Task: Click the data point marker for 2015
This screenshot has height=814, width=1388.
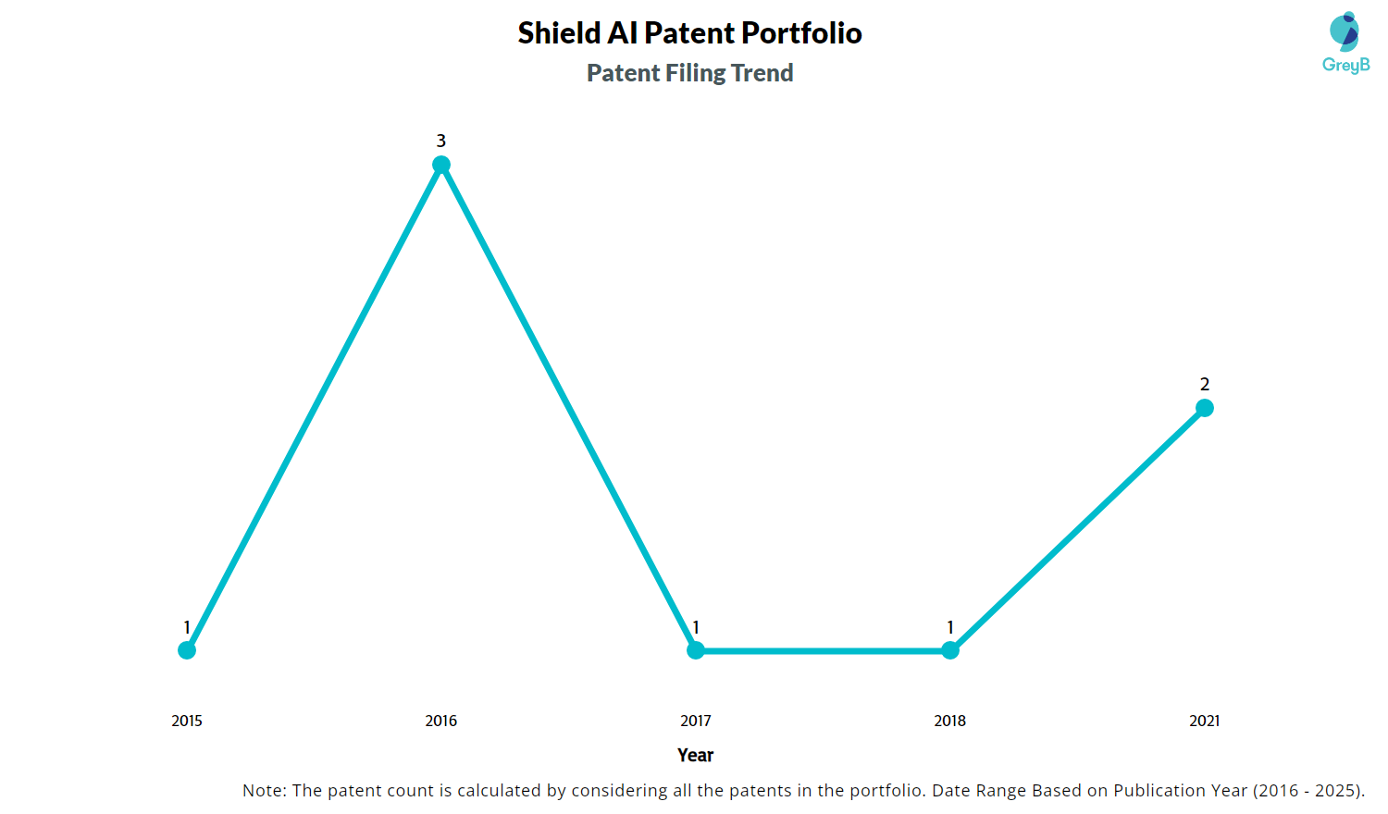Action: click(x=187, y=650)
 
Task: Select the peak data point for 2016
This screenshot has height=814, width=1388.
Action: click(x=440, y=164)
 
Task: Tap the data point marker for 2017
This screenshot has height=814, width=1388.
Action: click(x=695, y=650)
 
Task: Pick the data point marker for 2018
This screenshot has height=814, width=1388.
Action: click(x=950, y=650)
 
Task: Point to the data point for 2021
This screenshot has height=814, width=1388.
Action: click(x=1204, y=408)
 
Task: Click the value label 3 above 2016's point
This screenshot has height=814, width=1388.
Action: click(x=440, y=141)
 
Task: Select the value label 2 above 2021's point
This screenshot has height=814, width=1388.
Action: click(x=1204, y=384)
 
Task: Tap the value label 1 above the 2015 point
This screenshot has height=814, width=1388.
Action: click(x=187, y=627)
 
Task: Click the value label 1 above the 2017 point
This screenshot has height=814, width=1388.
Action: click(x=695, y=627)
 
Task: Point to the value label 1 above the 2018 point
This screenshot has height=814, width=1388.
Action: click(x=950, y=627)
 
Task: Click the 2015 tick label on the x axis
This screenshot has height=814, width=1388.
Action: click(x=187, y=721)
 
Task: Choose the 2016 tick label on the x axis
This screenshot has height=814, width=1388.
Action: click(x=440, y=721)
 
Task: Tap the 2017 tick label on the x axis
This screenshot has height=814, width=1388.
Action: click(x=695, y=721)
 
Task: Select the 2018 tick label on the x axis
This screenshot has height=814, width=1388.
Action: click(x=950, y=721)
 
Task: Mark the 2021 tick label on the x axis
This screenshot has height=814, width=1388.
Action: click(x=1204, y=721)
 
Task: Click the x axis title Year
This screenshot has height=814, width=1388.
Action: click(x=695, y=755)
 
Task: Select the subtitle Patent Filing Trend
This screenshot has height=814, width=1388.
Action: click(x=689, y=72)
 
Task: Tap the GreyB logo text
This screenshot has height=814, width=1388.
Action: click(x=1345, y=65)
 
